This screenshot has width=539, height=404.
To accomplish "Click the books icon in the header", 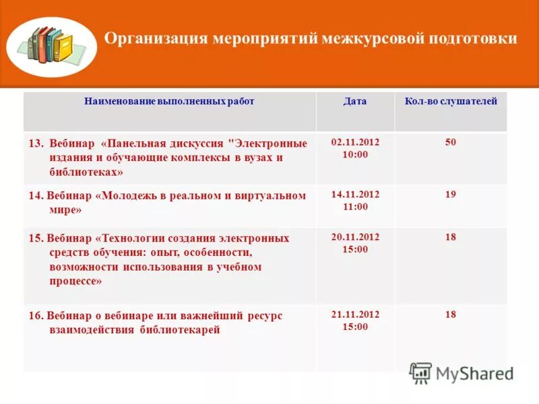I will [x=52, y=46].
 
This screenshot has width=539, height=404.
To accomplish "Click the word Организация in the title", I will [x=155, y=38].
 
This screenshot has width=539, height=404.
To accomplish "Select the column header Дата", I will [x=355, y=102].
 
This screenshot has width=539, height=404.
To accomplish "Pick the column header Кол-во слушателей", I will [x=451, y=102].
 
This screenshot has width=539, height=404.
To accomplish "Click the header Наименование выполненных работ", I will [x=170, y=102].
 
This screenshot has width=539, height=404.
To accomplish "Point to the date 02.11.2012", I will [x=355, y=142].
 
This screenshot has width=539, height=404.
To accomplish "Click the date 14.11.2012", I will [x=355, y=194].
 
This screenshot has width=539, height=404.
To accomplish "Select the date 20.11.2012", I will [x=355, y=237].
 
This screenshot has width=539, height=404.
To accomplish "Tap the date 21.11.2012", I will [x=355, y=314].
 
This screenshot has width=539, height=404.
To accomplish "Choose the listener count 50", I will [x=451, y=143].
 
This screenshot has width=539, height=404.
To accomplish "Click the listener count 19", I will [x=451, y=195].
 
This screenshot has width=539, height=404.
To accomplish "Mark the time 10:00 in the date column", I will [x=355, y=155].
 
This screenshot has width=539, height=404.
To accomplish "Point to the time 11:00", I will [x=355, y=207].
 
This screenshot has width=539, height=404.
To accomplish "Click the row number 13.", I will [x=36, y=143].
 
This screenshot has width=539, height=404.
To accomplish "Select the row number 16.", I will [x=35, y=316].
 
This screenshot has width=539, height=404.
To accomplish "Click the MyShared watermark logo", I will [x=462, y=373].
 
